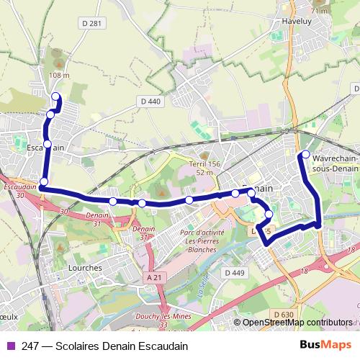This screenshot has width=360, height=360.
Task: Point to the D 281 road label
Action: [x=93, y=23]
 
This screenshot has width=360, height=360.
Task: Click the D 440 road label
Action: [x=150, y=102]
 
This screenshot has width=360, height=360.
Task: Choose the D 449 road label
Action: [x=235, y=273]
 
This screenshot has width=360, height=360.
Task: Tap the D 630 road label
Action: [x=284, y=314]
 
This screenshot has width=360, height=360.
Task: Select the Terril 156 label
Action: [x=204, y=165]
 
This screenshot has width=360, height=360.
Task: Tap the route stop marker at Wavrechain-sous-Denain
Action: [x=305, y=155]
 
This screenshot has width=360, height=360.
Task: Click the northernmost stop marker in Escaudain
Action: [x=57, y=96]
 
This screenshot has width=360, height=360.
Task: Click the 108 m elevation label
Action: [x=60, y=75]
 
